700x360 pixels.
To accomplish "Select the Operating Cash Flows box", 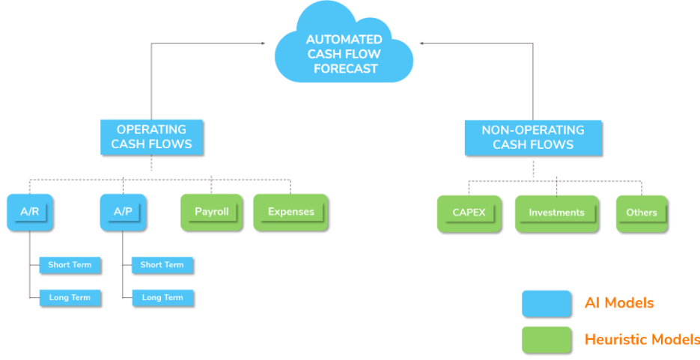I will (152, 137).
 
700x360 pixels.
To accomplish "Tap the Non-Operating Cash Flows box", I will (532, 137).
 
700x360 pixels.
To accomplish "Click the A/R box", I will (30, 213).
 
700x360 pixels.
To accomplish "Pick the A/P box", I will (123, 213).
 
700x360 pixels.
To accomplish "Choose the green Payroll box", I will (212, 213).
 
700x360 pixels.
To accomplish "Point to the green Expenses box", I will (290, 213).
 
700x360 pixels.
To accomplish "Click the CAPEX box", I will (469, 213).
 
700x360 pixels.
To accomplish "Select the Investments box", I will (556, 213).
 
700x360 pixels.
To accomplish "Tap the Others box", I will (642, 213).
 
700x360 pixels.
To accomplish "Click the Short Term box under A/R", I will (70, 265).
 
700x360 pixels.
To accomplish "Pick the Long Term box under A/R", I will (70, 298).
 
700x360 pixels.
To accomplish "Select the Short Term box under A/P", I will (162, 265).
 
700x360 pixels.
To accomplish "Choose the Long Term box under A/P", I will (162, 298).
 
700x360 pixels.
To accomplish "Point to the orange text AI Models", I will (619, 303).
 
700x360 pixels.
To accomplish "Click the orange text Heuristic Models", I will (642, 339).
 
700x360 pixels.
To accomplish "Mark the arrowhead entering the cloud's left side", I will (263, 43).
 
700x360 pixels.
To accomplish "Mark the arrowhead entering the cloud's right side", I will (422, 43).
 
